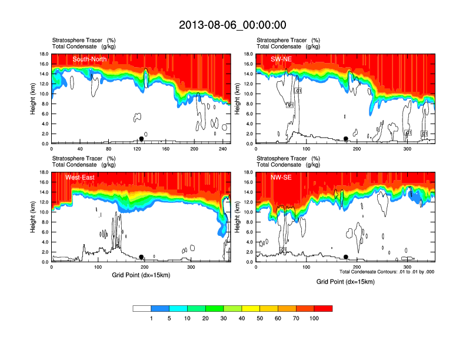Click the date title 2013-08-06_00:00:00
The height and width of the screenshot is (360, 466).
[x=232, y=25]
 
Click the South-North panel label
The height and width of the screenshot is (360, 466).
[x=90, y=59]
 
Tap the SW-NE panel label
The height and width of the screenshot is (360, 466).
[x=281, y=59]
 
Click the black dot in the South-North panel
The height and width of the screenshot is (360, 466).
[x=141, y=139]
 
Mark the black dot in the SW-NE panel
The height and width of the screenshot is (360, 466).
[x=346, y=139]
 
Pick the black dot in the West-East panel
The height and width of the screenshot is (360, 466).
[x=141, y=257]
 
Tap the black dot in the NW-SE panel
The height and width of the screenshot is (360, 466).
[x=346, y=257]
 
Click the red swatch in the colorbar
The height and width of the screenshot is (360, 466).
[x=323, y=308]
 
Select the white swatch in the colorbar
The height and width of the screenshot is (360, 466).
[x=142, y=308]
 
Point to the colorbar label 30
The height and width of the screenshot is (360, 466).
[x=224, y=318]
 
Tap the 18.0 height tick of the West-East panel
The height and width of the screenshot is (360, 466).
[x=44, y=172]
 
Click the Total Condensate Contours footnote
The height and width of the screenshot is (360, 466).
[x=387, y=272]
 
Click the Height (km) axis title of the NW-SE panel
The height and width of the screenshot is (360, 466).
[x=238, y=217]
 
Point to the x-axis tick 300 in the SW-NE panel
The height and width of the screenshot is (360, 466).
[x=407, y=149]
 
